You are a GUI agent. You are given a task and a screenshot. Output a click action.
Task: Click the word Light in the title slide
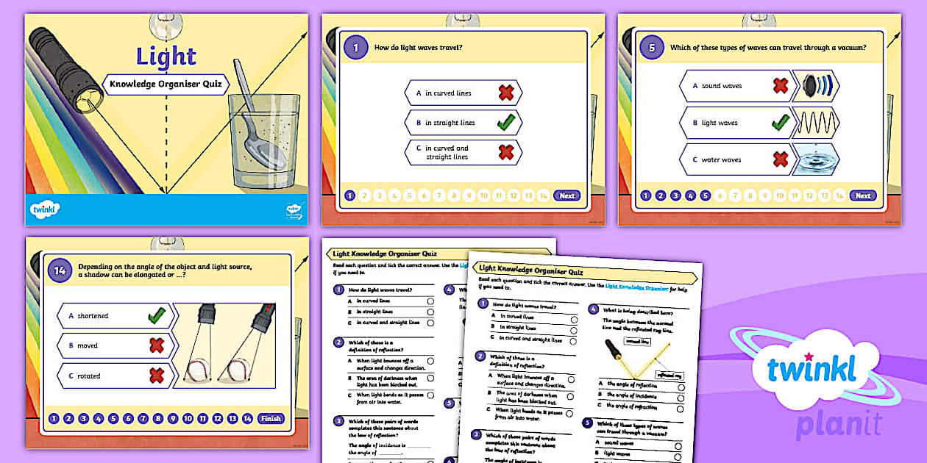[166, 57]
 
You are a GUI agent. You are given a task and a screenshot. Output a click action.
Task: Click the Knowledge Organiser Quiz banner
[166, 84]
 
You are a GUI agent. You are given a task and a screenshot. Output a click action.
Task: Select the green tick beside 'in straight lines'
[505, 123]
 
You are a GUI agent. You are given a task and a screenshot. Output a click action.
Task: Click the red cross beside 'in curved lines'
[505, 93]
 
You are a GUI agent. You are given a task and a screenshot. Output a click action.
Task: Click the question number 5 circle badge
[652, 49]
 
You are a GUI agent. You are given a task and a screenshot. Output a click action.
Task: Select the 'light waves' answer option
[735, 123]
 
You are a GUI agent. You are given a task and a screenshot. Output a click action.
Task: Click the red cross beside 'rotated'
[156, 376]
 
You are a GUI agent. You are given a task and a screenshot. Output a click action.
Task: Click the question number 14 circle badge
[61, 271]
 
